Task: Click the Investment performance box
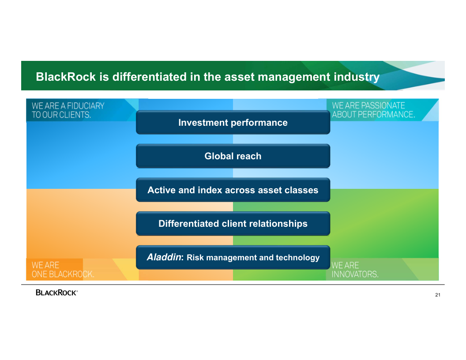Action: point(233,122)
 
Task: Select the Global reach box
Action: point(233,156)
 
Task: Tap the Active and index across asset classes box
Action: point(233,190)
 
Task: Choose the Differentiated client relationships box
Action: point(233,223)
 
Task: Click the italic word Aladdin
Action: point(164,257)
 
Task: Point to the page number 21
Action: point(438,295)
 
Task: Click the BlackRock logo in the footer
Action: point(56,292)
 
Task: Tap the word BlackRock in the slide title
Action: point(66,77)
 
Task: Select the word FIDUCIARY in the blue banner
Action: point(86,106)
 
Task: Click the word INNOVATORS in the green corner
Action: point(355,274)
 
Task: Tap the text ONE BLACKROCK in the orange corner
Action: point(63,274)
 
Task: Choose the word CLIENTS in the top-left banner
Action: point(75,115)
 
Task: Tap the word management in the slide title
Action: point(294,77)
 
